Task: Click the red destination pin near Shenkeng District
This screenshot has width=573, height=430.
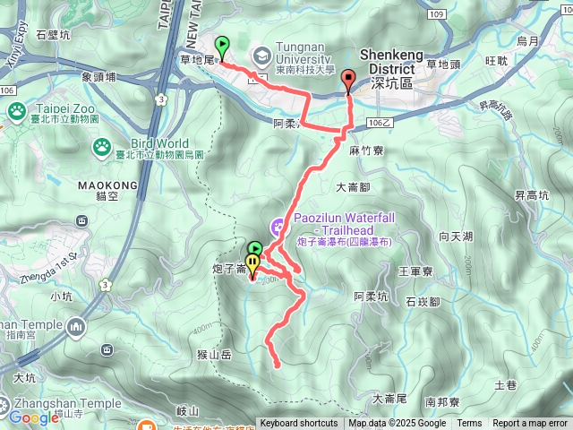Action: click(347, 82)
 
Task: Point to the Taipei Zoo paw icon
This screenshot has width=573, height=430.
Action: click(16, 111)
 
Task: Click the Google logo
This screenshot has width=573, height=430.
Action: click(34, 417)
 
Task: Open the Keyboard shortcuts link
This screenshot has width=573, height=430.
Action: click(299, 424)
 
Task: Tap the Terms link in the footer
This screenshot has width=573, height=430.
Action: click(469, 424)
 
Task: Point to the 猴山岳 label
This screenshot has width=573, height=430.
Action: click(215, 355)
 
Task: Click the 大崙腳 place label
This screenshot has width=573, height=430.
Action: click(354, 188)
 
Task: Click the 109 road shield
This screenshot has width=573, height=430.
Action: click(436, 14)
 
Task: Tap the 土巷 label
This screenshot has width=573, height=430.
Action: click(530, 385)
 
